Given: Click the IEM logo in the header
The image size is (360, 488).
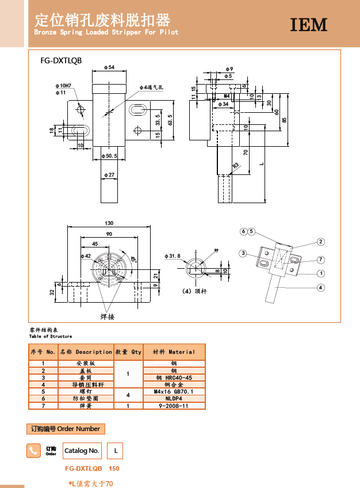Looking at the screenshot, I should click(x=308, y=25).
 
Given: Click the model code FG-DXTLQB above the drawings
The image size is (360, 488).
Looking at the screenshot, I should click(x=61, y=60).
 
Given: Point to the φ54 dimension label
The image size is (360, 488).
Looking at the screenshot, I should click(x=109, y=67).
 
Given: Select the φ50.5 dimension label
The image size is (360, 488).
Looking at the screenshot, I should click(x=109, y=156).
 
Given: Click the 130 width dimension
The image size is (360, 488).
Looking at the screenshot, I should click(x=109, y=223).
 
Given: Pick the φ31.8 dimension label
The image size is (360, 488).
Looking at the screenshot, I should click(x=173, y=256).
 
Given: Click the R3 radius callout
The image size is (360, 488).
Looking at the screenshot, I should click(x=236, y=166).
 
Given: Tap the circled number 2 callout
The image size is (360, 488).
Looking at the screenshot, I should click(x=320, y=242).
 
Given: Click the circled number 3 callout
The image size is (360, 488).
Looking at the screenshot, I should click(x=244, y=253).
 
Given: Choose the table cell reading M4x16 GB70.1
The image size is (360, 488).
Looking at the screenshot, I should click(x=174, y=391).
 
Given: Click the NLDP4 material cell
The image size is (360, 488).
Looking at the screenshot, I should click(x=174, y=398).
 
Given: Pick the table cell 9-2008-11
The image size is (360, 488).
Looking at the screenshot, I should click(x=174, y=406).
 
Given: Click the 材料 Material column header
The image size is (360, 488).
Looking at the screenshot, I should click(x=174, y=352).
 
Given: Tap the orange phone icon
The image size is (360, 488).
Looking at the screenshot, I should click(x=34, y=451).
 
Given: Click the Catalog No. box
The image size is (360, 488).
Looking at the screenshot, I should click(x=82, y=451).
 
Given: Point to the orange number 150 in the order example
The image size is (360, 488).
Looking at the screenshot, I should click(x=114, y=469).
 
